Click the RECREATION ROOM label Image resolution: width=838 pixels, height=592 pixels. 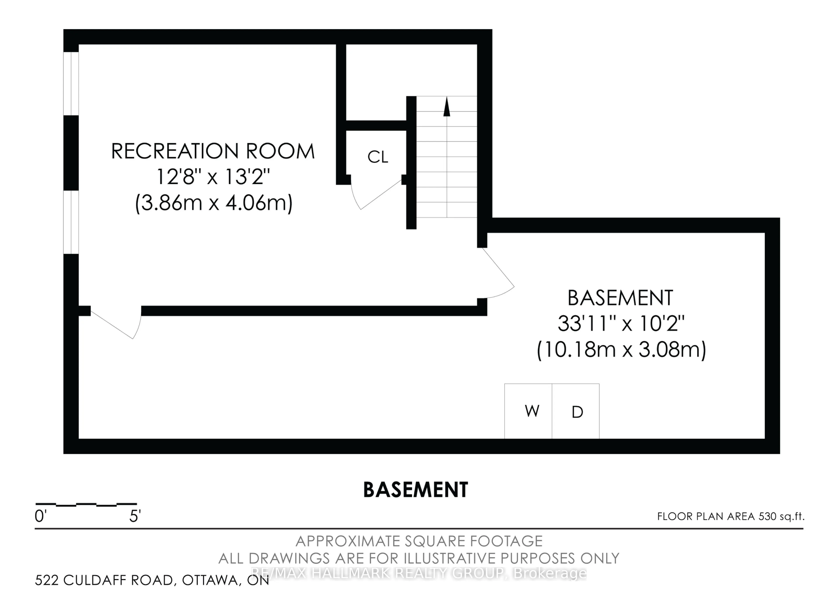click(213, 151)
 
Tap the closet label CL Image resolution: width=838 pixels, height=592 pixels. click(378, 157)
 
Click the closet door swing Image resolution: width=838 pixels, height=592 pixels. click(376, 195)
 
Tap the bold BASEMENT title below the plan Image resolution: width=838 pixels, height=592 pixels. click(415, 490)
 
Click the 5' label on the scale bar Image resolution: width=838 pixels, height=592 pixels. click(135, 516)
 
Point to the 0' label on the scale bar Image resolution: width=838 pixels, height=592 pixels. click(40, 516)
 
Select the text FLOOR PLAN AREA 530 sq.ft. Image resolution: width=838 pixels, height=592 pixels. click(731, 516)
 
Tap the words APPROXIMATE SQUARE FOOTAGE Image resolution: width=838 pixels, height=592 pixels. click(419, 541)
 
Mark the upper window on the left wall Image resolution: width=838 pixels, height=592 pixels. click(71, 84)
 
